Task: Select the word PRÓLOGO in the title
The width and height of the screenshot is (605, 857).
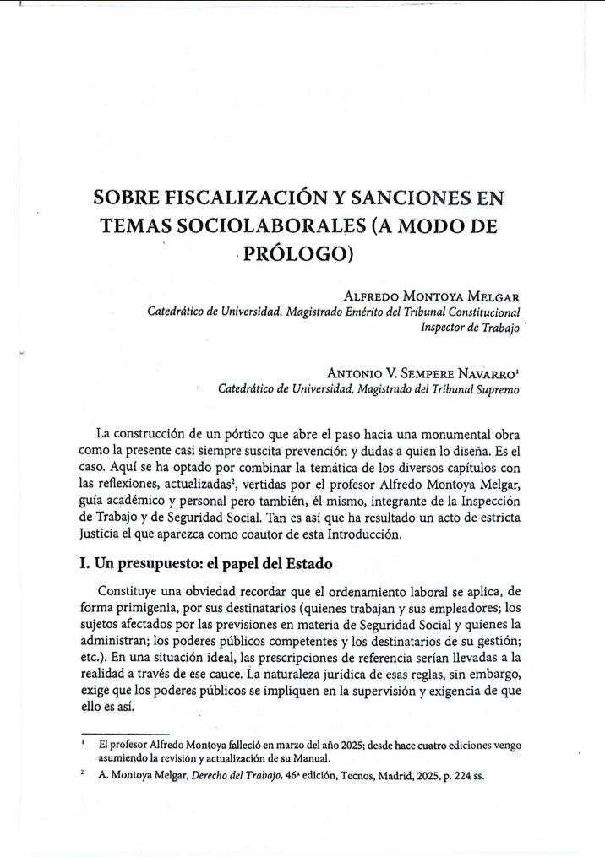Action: [297, 255]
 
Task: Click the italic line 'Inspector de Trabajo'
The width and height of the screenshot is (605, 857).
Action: [471, 327]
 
